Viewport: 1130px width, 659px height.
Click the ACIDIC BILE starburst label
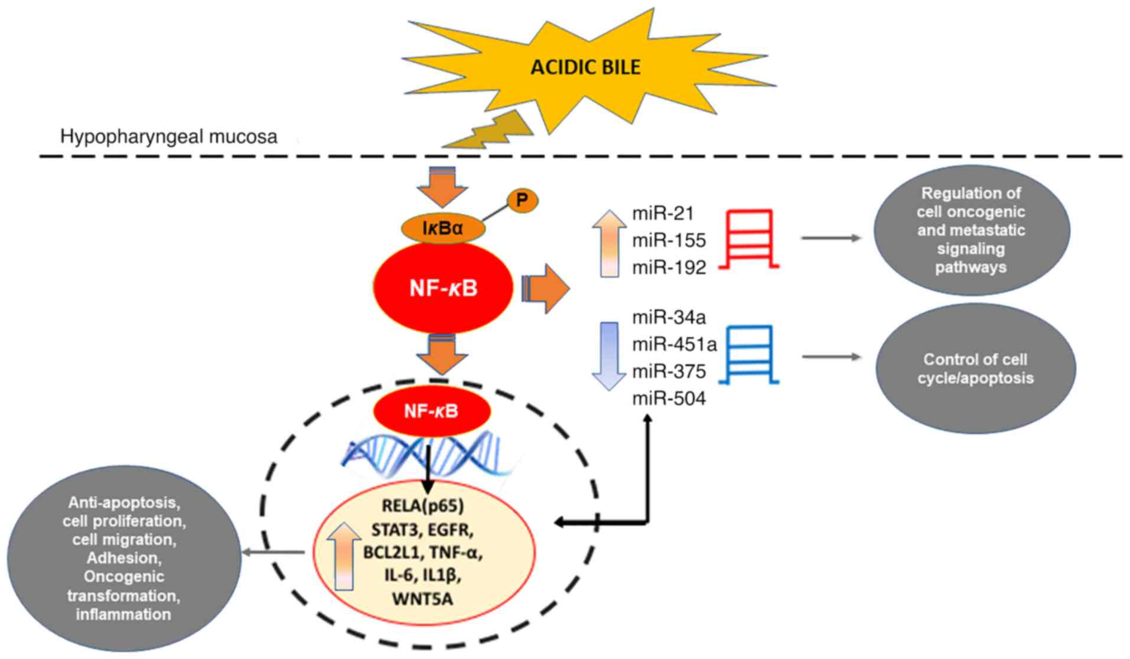coord(585,67)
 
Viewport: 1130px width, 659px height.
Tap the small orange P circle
coord(522,201)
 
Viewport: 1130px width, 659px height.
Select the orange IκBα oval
coord(443,228)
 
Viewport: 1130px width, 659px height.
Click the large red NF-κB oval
coord(443,288)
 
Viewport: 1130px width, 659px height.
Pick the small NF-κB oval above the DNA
coord(431,411)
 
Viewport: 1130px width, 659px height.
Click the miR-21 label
coord(663,213)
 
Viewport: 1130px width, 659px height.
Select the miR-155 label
coord(669,240)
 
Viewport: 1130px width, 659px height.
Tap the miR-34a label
coord(669,317)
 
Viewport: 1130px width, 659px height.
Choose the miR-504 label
coord(669,399)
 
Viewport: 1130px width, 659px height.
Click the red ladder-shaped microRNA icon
coord(749,239)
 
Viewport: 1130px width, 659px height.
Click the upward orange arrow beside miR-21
coord(609,243)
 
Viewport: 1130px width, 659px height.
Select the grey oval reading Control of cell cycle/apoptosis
coord(975,368)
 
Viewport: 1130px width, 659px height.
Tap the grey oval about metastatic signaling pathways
coord(971,230)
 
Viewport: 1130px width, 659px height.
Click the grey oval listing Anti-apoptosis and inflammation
coord(123,559)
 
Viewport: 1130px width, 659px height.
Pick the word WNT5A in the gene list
coord(422,599)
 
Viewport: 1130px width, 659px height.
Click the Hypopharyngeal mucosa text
coord(168,137)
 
